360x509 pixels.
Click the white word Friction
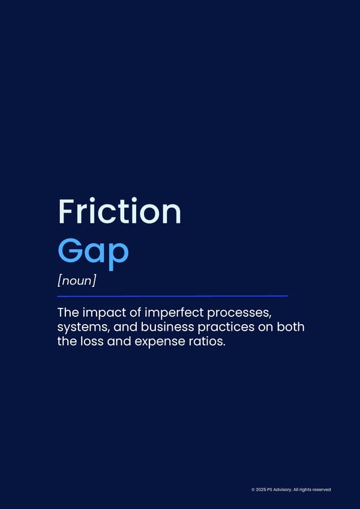pos(119,211)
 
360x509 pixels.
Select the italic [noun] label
pos(77,281)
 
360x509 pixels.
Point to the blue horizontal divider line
pos(172,296)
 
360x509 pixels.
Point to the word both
pos(290,327)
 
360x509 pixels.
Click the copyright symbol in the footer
pos(253,490)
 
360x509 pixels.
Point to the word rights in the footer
pos(306,490)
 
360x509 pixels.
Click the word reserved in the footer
pos(322,490)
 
